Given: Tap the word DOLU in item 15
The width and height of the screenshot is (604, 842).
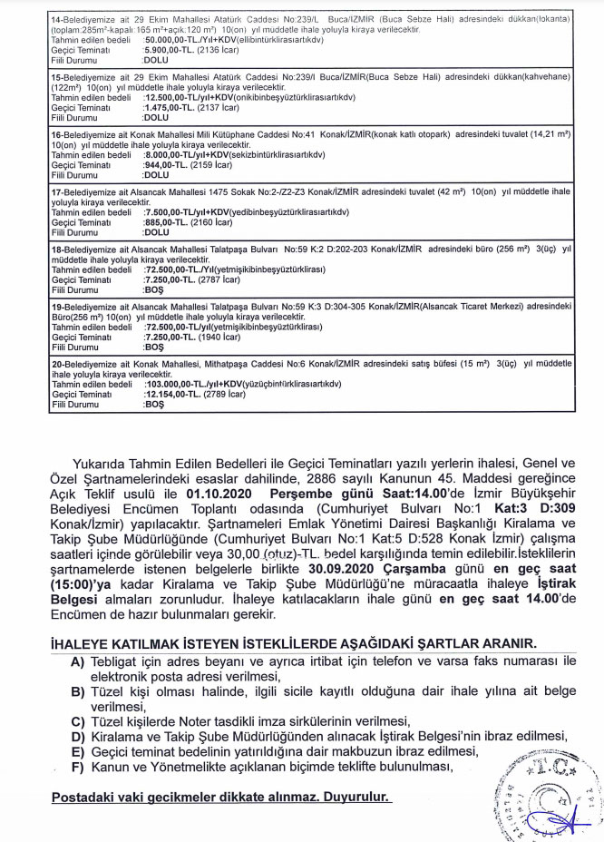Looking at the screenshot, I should [x=156, y=118].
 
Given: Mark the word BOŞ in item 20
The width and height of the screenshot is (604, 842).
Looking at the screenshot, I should [x=154, y=404].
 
